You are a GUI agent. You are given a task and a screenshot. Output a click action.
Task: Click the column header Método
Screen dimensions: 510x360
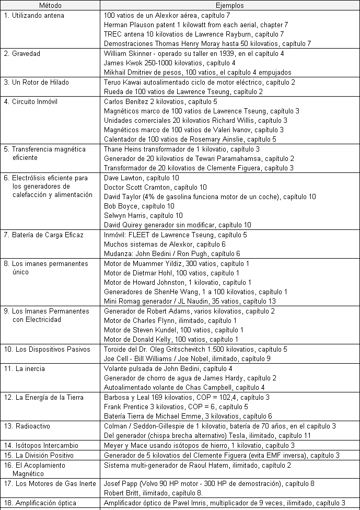50,5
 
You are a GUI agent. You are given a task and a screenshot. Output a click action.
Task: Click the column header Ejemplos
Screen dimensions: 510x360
229,5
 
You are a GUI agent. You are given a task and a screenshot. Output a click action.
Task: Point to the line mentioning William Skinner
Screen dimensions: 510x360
194,53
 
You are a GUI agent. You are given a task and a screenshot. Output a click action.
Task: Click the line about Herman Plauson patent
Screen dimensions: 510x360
196,25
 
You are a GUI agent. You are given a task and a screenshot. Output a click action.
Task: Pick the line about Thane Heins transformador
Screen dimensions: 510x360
175,149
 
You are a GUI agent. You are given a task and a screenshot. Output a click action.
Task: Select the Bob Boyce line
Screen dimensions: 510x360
139,206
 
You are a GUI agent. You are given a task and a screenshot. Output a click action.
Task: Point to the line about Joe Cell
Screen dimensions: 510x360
187,358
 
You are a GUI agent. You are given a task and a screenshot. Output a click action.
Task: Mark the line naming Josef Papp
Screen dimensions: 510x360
209,483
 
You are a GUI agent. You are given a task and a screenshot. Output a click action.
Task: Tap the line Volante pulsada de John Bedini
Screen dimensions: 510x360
165,368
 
